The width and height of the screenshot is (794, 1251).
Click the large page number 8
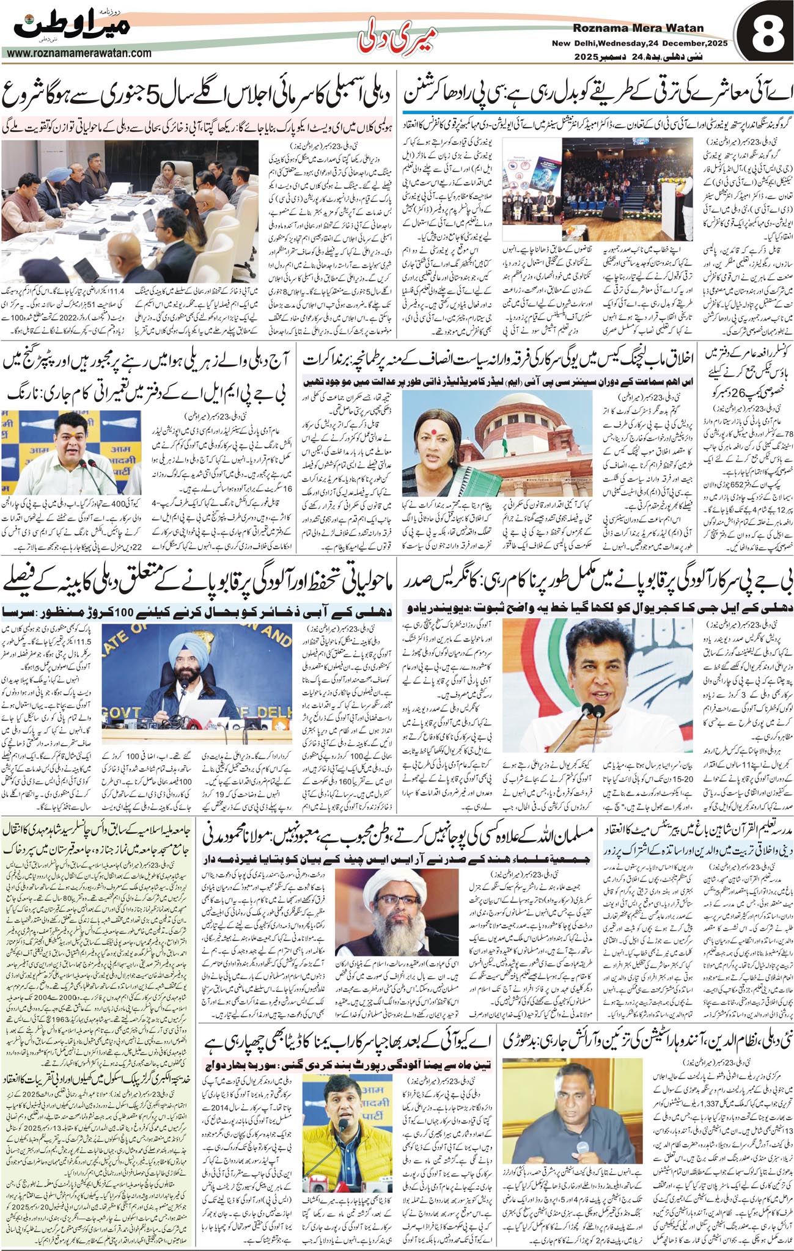(x=764, y=38)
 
